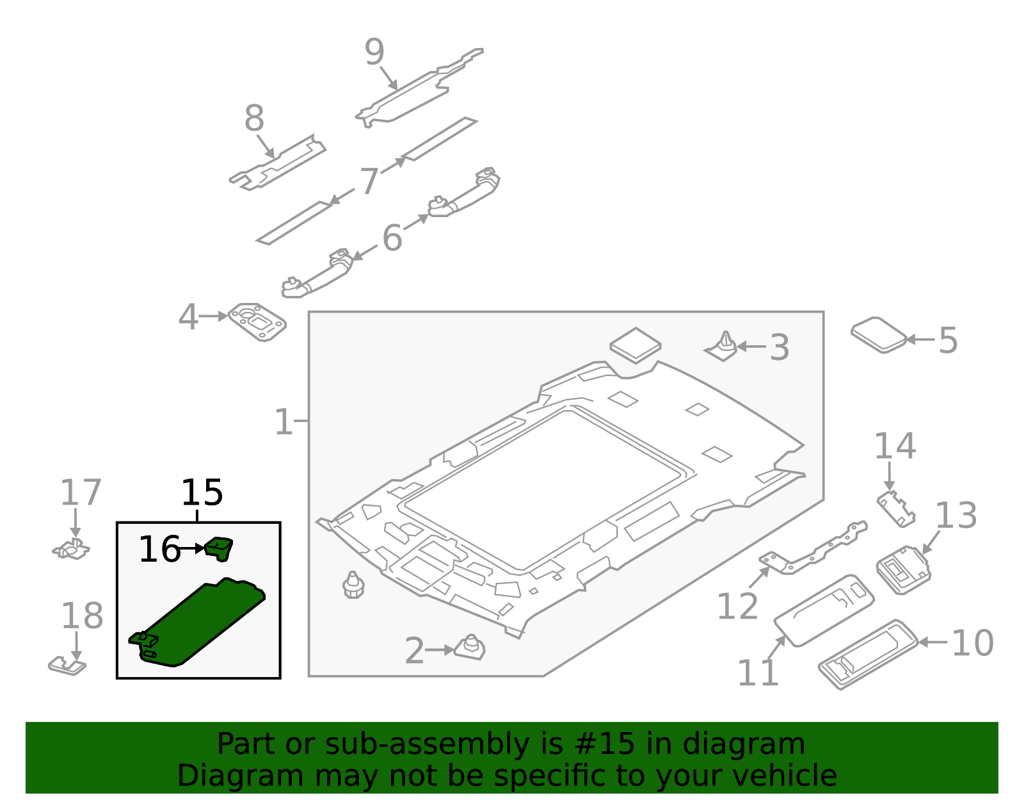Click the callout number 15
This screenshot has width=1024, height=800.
(x=202, y=493)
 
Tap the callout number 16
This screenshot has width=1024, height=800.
(x=159, y=550)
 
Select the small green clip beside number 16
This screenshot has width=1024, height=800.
(x=219, y=548)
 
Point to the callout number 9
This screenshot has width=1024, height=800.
(x=374, y=53)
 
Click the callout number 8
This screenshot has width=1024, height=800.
(x=254, y=119)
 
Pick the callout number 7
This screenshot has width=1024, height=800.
(x=369, y=182)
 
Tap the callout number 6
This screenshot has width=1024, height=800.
(x=392, y=238)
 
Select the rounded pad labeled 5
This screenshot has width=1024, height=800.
(x=879, y=334)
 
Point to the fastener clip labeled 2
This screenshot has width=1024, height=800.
(x=470, y=648)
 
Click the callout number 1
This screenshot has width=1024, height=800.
(x=283, y=422)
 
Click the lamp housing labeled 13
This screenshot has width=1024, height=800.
(x=903, y=570)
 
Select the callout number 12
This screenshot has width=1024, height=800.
(x=737, y=606)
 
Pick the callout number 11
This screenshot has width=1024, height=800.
(x=758, y=673)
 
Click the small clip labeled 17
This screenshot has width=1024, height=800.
(x=71, y=549)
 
